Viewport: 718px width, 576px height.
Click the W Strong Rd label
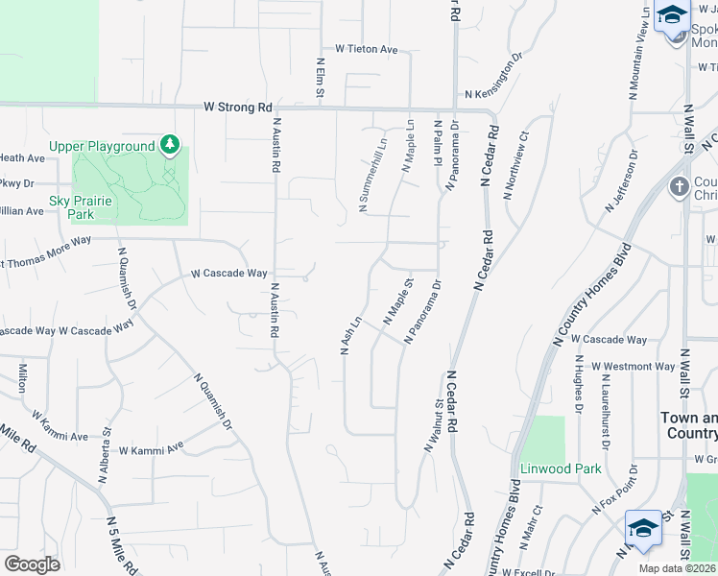click(x=239, y=108)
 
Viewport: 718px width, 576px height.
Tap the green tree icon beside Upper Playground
click(x=170, y=145)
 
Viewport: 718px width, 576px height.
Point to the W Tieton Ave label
click(x=366, y=49)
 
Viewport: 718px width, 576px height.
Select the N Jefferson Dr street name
click(x=622, y=181)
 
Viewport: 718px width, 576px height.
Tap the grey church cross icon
click(x=680, y=186)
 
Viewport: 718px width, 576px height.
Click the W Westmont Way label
click(x=633, y=367)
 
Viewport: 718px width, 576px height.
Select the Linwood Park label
click(x=561, y=468)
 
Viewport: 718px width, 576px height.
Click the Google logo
click(x=33, y=564)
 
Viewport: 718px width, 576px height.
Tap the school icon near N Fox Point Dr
click(x=642, y=527)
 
